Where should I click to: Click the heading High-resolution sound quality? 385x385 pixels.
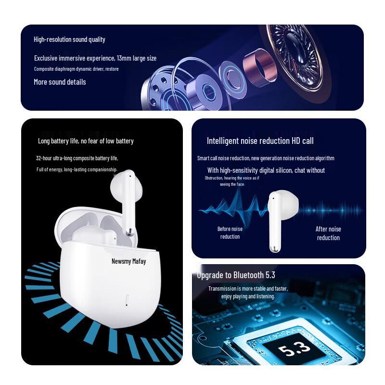69,39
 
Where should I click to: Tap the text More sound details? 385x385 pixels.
60,82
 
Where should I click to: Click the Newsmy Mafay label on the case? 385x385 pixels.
128,261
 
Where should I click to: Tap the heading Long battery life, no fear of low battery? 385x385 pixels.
86,141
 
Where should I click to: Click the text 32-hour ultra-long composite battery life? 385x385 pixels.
77,158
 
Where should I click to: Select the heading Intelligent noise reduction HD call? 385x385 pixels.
260,141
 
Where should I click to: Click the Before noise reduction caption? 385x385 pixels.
230,232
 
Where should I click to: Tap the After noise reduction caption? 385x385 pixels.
328,233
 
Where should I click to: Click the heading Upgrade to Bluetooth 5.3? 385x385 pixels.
236,275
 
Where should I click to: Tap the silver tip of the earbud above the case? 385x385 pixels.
129,232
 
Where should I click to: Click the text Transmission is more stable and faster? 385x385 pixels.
248,288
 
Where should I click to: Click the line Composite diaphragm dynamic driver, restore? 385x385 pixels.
76,69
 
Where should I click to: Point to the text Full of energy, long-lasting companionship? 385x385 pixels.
77,169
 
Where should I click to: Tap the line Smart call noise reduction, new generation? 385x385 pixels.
266,158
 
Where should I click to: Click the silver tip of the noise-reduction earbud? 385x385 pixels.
273,248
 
